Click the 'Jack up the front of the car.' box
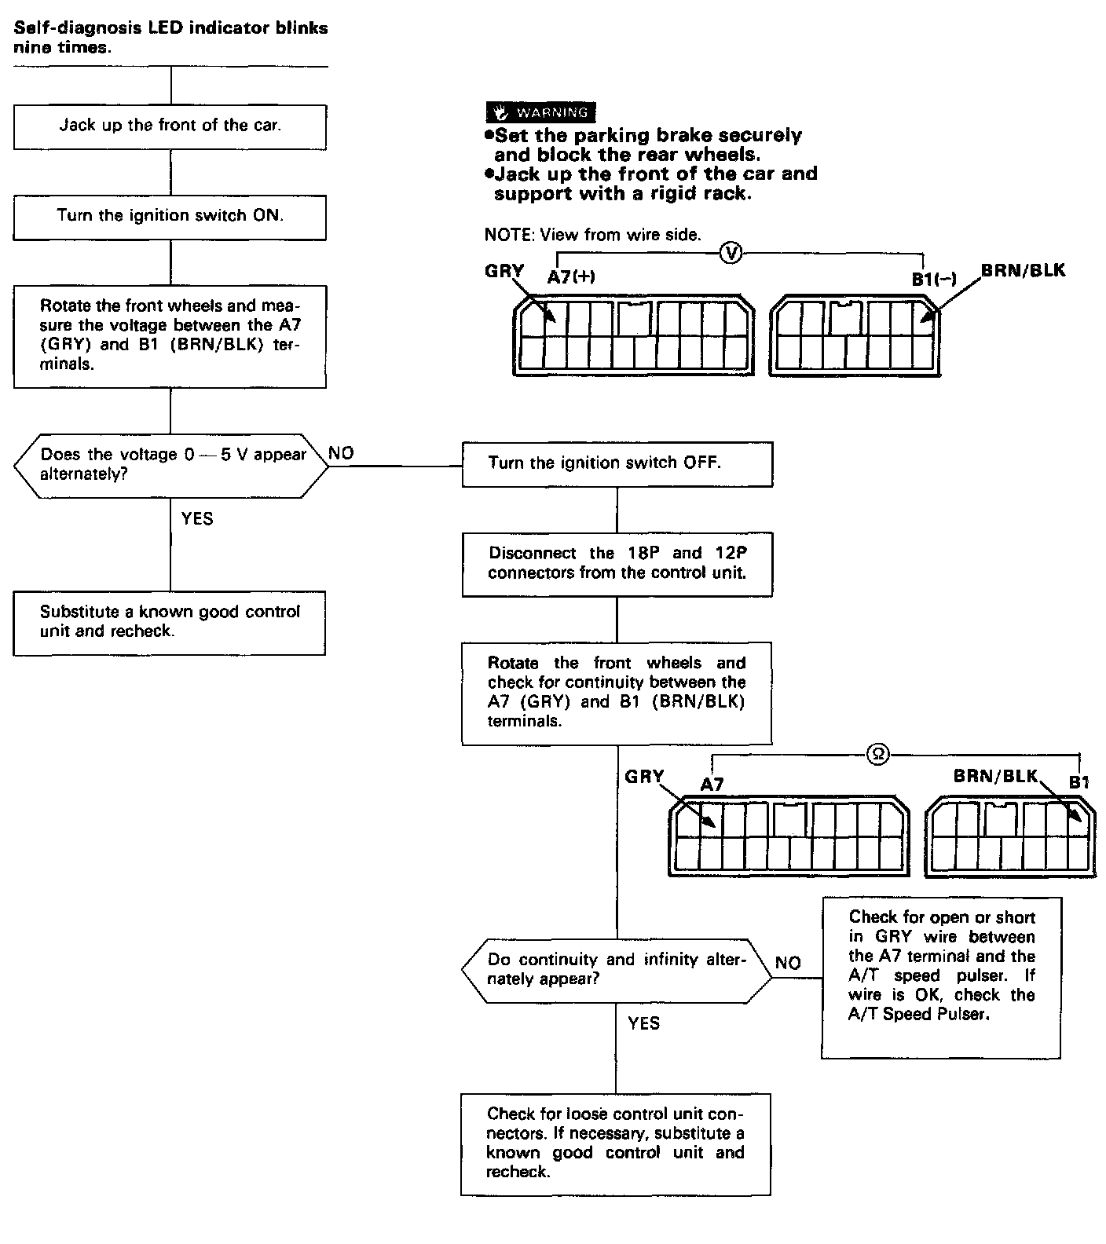[170, 126]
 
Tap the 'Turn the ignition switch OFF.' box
[617, 463]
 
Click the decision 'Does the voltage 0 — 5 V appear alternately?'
[172, 465]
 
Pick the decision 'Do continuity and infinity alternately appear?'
[616, 970]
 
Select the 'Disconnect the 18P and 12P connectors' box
[617, 563]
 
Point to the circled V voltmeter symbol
[731, 253]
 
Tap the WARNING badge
[540, 112]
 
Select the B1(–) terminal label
[933, 279]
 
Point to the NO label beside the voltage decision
[341, 453]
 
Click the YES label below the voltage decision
[196, 518]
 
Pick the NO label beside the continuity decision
[788, 963]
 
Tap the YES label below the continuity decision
[643, 1023]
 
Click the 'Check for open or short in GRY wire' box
[941, 978]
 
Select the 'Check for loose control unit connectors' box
[616, 1143]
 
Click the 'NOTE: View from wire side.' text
[592, 234]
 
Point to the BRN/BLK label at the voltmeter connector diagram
[1023, 271]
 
